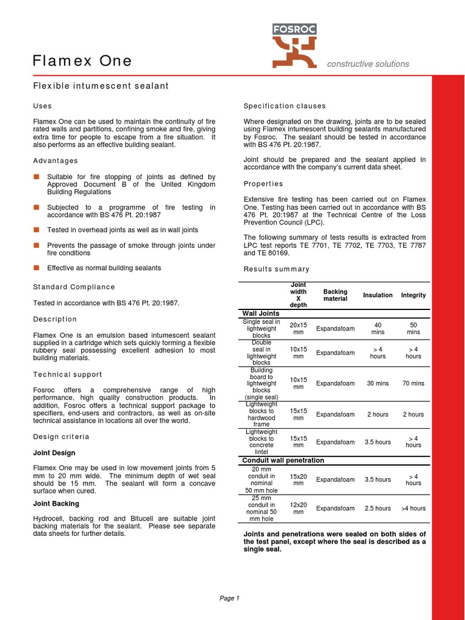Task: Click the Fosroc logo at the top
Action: coord(294,45)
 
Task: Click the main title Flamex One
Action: coord(82,61)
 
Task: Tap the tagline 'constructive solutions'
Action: coord(368,64)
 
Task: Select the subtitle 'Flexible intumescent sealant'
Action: coord(101,86)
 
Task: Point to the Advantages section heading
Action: coord(55,160)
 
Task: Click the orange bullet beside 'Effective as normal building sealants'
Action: coord(36,268)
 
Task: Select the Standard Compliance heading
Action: coord(73,286)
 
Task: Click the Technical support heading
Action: coord(67,375)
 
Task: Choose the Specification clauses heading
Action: coord(284,106)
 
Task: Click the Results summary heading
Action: coord(276,269)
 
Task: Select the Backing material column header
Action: coord(335,295)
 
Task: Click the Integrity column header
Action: coord(413,295)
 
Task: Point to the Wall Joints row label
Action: coord(260,313)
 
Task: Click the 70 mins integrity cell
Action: coord(413,383)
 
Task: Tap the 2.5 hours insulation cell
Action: coord(377,509)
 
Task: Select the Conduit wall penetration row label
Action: coord(283,460)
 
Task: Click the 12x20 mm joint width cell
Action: coord(298,509)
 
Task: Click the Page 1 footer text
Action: coord(229,598)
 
